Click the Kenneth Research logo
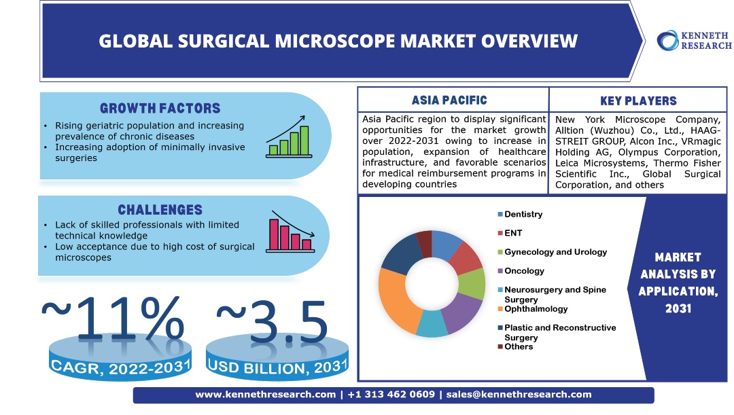(x=694, y=41)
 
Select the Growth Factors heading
(x=160, y=109)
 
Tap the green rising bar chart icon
(x=289, y=137)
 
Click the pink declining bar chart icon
(x=290, y=232)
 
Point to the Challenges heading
(x=160, y=210)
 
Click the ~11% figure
(x=113, y=318)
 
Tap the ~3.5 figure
(x=272, y=321)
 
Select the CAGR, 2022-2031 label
(x=121, y=367)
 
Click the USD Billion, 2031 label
(x=277, y=367)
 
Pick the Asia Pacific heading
(x=449, y=100)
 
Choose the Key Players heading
(x=638, y=101)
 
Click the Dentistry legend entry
(x=520, y=214)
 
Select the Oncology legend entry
(x=521, y=271)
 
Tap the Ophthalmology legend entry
(x=533, y=309)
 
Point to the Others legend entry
(x=515, y=346)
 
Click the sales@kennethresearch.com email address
(x=519, y=395)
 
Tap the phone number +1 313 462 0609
(x=391, y=395)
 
